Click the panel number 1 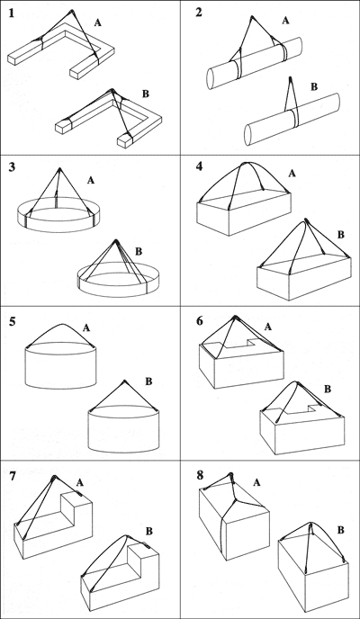click(x=13, y=14)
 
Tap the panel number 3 click(x=13, y=167)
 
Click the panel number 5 click(x=13, y=319)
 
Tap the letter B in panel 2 click(x=313, y=87)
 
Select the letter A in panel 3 click(x=90, y=180)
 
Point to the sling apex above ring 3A click(x=59, y=168)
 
